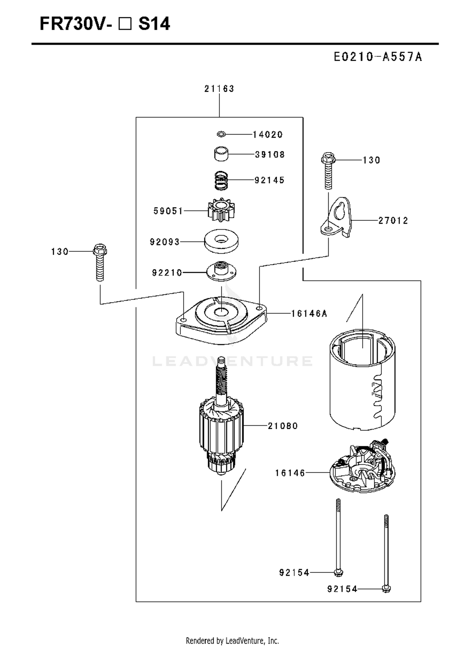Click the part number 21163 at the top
219,89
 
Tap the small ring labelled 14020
221,134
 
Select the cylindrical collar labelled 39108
221,154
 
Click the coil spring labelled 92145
221,180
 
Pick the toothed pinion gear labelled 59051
221,210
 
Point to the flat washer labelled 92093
221,241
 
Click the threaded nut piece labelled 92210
221,271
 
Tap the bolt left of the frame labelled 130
100,262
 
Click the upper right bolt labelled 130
328,171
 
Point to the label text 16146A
309,314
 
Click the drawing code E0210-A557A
378,57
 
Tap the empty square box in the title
125,24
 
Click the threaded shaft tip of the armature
221,360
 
